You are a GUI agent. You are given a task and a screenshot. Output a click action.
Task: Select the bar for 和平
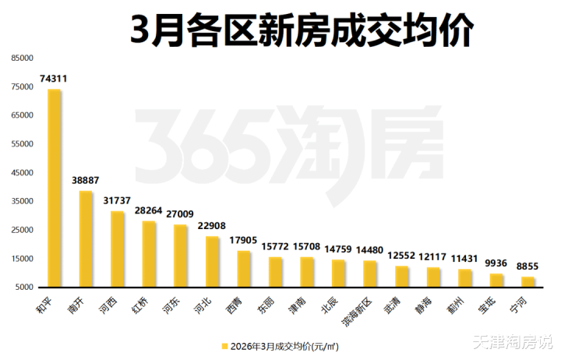pyautogui.click(x=55, y=188)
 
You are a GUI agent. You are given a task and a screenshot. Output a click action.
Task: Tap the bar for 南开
pyautogui.click(x=86, y=238)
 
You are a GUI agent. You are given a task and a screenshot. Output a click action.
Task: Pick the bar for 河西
pyautogui.click(x=118, y=249)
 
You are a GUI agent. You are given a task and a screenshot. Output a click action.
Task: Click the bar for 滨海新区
pyautogui.click(x=370, y=274)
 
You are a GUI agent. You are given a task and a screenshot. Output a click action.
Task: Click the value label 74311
pyautogui.click(x=55, y=78)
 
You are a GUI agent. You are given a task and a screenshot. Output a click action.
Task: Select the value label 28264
pyautogui.click(x=149, y=210)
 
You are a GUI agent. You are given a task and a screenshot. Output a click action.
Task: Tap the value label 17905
pyautogui.click(x=244, y=240)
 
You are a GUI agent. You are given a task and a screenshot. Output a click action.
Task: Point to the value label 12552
pyautogui.click(x=402, y=256)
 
